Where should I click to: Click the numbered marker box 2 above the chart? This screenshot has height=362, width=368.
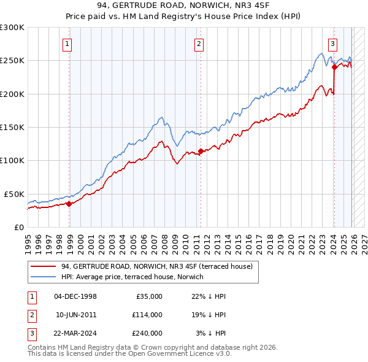point(200,44)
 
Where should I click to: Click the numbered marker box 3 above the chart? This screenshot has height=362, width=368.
point(332,44)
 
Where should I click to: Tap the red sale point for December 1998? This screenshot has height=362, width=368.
point(69,204)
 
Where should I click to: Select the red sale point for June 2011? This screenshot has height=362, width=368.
point(201,151)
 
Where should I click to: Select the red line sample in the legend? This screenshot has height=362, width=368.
point(44,266)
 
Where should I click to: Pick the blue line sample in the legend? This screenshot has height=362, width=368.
point(44,277)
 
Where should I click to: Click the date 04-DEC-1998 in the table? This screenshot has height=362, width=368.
point(75,296)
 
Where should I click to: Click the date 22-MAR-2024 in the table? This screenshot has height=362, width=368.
point(75,333)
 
